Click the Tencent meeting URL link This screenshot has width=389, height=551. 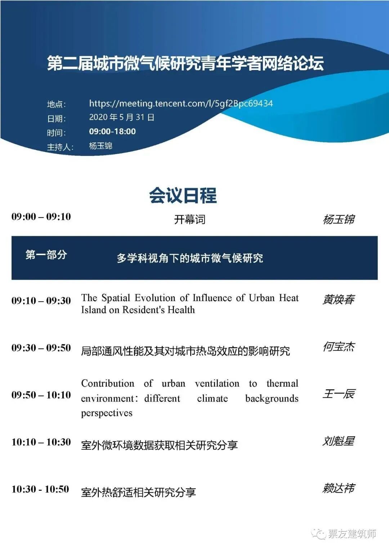181,104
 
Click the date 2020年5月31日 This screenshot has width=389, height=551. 122,117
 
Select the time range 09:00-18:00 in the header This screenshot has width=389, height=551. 112,131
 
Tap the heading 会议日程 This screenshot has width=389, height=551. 183,195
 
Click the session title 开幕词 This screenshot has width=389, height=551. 190,219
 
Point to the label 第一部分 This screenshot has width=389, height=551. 46,255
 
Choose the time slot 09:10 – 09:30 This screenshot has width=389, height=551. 41,301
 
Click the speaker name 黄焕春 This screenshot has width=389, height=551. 339,299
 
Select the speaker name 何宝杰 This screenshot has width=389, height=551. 339,346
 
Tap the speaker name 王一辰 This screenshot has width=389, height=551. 339,394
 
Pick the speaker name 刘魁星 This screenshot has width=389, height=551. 339,441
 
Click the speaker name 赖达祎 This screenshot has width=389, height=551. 339,488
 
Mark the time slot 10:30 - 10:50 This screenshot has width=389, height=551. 40,489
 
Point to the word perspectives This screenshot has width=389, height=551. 107,413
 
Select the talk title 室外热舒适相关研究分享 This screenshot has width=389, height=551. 138,492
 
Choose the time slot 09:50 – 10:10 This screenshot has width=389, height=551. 41,395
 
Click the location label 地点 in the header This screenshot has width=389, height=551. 55,104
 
